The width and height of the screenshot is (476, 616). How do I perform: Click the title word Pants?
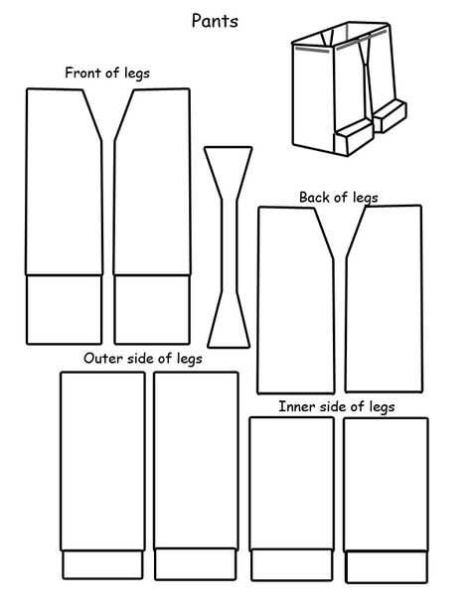tap(215, 21)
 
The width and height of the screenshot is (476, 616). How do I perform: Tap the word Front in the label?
tap(80, 73)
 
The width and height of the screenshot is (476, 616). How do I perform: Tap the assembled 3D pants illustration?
tap(349, 89)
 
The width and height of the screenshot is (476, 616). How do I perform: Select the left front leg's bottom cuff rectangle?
tap(64, 310)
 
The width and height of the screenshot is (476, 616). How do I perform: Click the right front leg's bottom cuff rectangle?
tap(152, 310)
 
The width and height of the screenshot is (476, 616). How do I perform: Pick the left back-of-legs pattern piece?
tap(296, 300)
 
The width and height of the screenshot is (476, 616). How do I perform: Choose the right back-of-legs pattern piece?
tap(384, 299)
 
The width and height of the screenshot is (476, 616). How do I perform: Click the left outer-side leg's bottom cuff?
tap(102, 564)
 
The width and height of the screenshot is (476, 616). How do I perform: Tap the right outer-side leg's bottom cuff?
tap(196, 564)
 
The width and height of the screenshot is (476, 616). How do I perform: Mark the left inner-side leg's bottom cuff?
tap(291, 565)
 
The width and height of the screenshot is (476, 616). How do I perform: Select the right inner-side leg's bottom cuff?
tap(387, 567)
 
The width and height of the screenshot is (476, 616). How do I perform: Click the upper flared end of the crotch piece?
tap(229, 173)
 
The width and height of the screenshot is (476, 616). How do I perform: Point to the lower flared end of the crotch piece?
tap(229, 320)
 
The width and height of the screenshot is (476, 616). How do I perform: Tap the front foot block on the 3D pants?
tap(353, 137)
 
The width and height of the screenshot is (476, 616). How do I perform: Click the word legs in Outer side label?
tap(190, 359)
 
